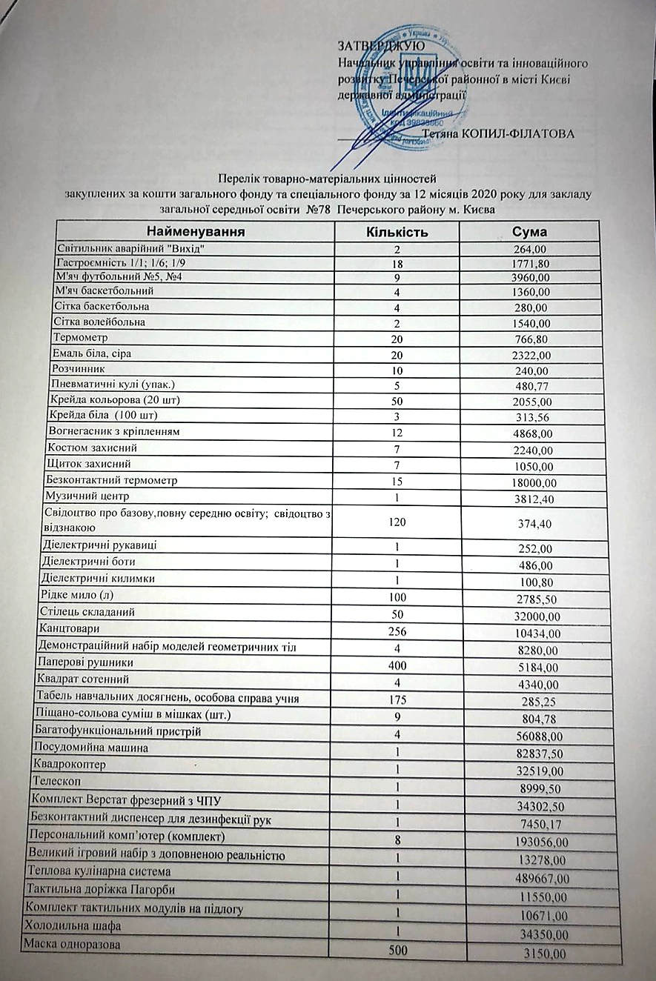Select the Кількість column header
click(x=398, y=232)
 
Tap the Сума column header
click(x=529, y=232)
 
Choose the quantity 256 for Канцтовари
click(x=397, y=632)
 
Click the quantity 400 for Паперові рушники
click(x=397, y=665)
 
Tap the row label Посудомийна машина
click(x=90, y=748)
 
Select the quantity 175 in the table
click(x=397, y=698)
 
